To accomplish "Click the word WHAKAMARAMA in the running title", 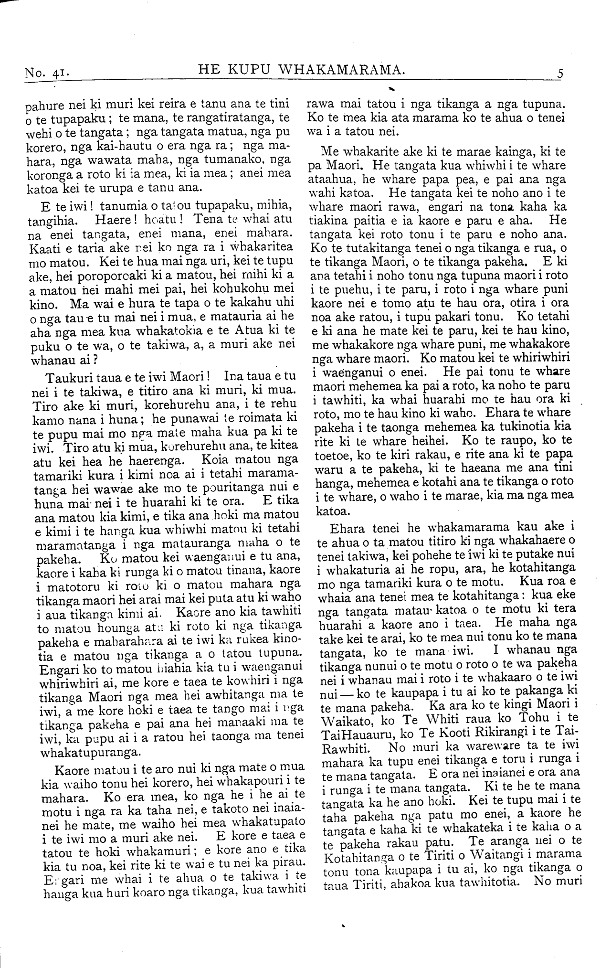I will click(341, 71).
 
